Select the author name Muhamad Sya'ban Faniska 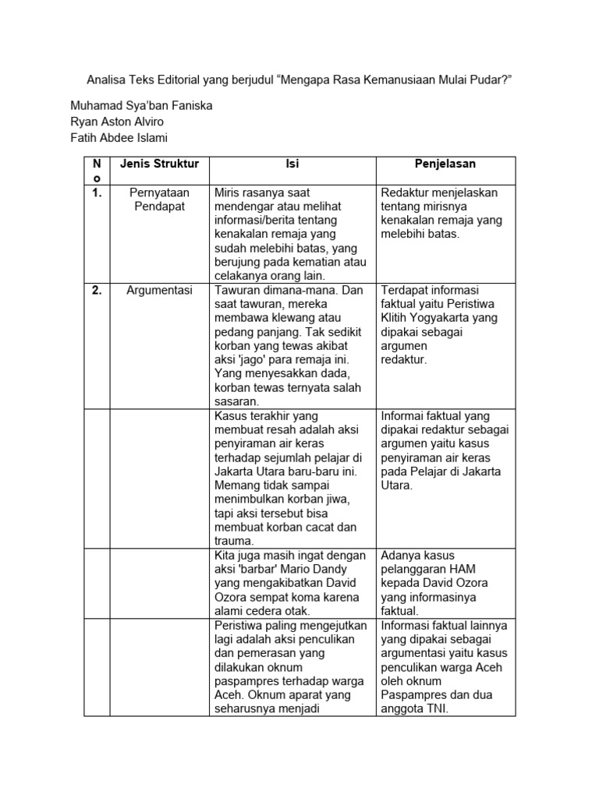pos(141,105)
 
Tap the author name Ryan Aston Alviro pos(118,122)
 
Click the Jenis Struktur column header pos(159,164)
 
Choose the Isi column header pos(292,164)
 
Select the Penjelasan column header pos(445,164)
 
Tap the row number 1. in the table pos(97,192)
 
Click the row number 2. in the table pos(97,290)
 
